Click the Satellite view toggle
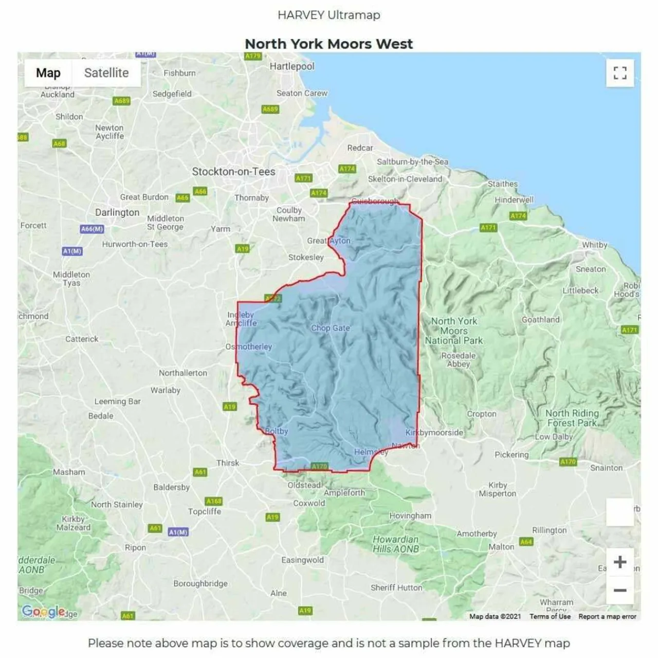[x=106, y=73]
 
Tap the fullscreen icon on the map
[x=620, y=73]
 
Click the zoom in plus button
[x=620, y=562]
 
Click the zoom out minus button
[x=620, y=590]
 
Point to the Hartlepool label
[x=292, y=66]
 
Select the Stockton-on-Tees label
[x=233, y=172]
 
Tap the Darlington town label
[x=117, y=212]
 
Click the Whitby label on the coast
[x=595, y=245]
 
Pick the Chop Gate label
[x=330, y=328]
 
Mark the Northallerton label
[x=183, y=373]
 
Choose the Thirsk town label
[x=228, y=463]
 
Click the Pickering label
[x=511, y=454]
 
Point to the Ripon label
[x=135, y=547]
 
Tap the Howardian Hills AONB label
[x=396, y=544]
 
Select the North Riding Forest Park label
[x=572, y=418]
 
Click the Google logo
[x=43, y=611]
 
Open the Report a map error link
[x=607, y=616]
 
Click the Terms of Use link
[x=550, y=616]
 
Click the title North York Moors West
[x=329, y=44]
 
